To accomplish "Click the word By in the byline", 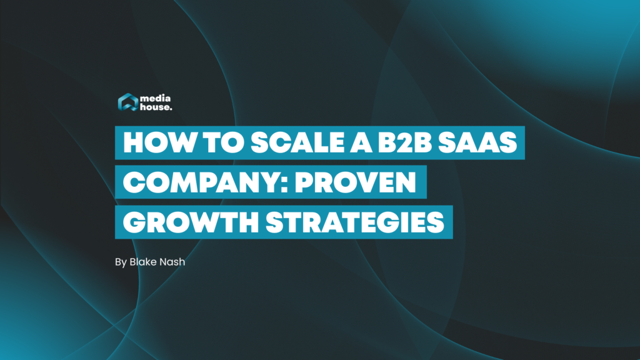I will pyautogui.click(x=121, y=262).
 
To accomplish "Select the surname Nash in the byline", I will pyautogui.click(x=172, y=261).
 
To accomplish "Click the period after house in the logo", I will pyautogui.click(x=172, y=110).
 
